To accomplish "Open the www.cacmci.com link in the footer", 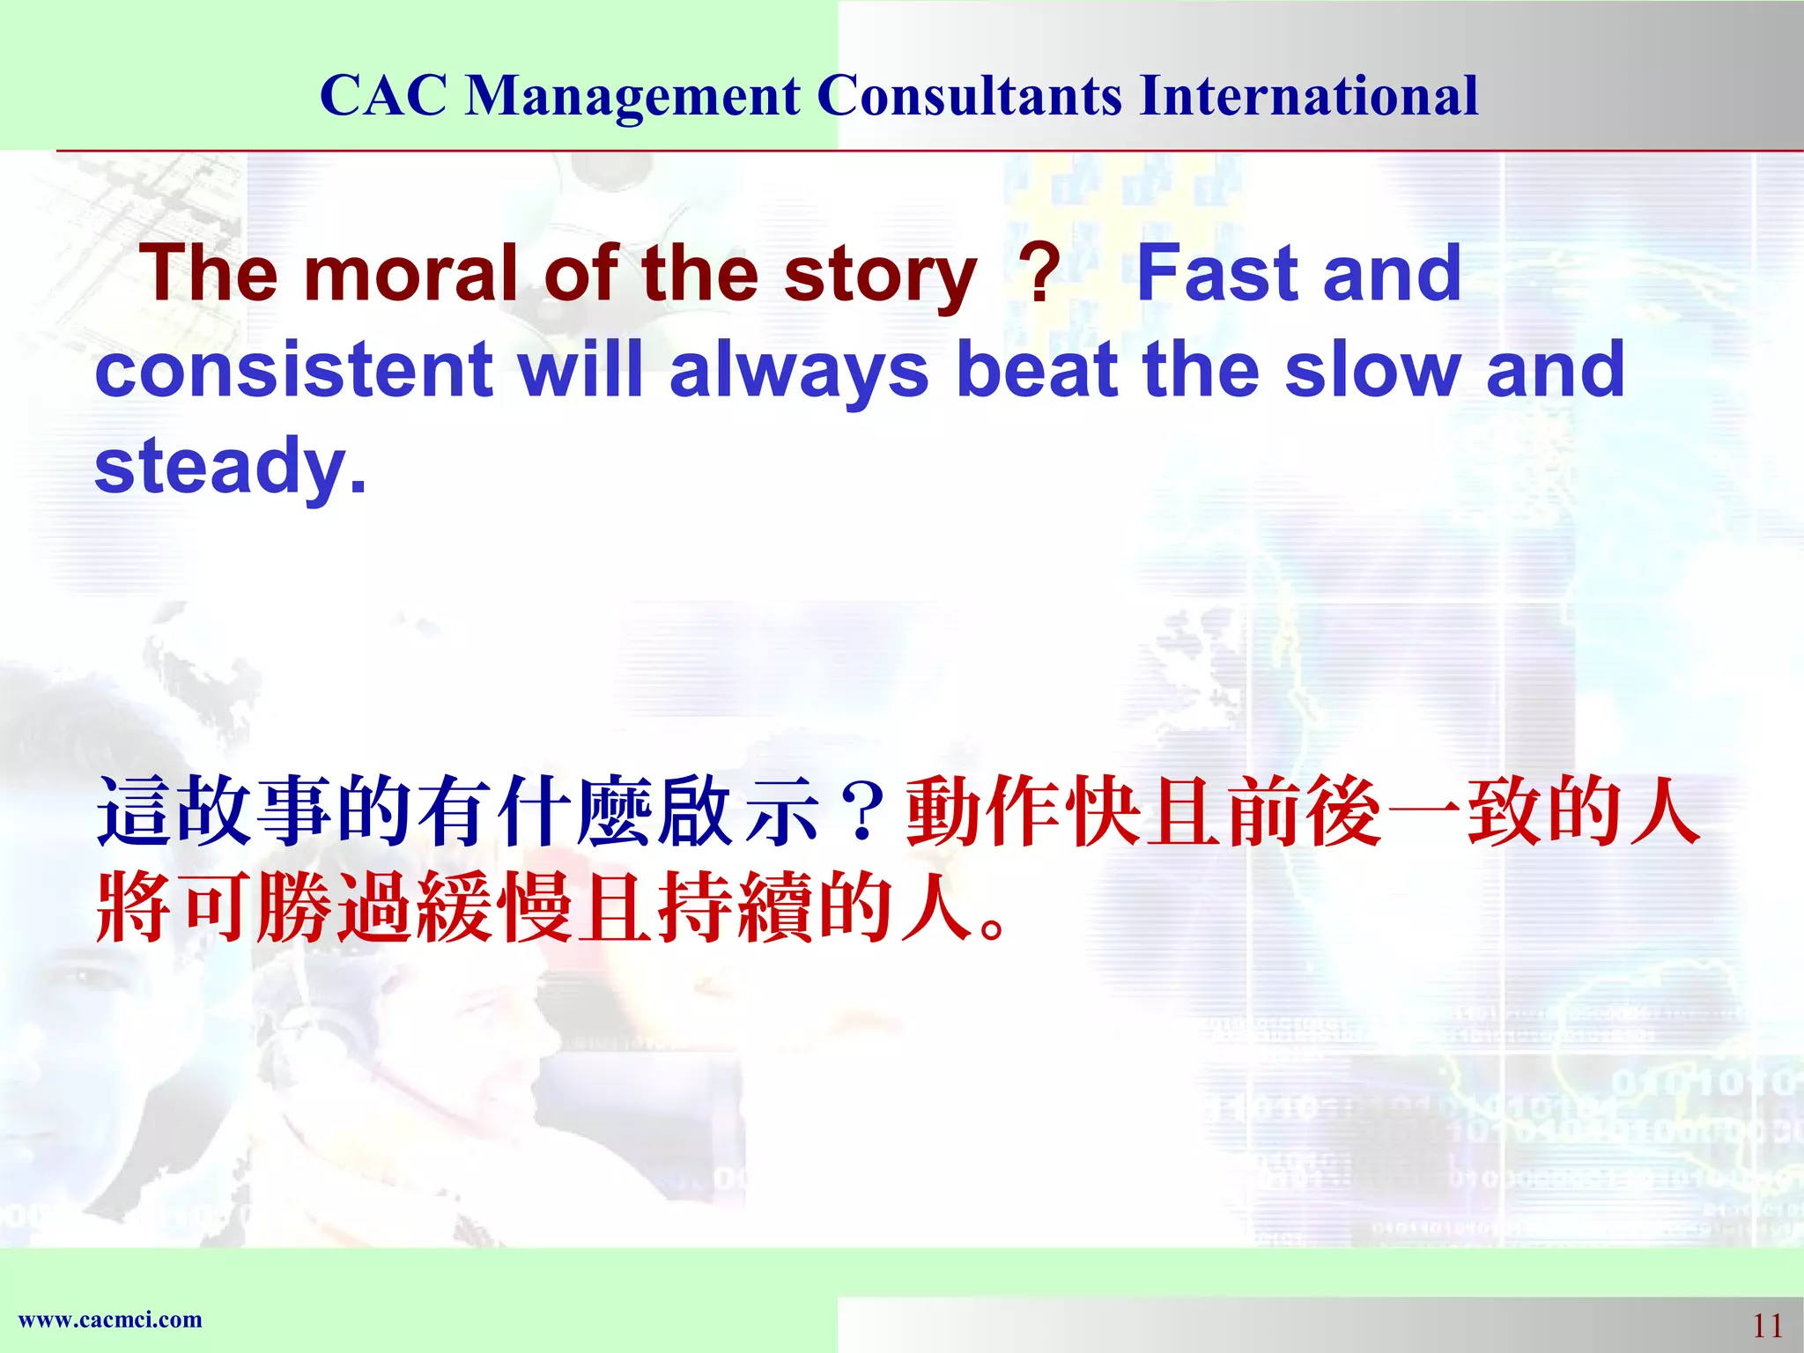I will click(x=110, y=1320).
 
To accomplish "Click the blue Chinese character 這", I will click(x=133, y=811).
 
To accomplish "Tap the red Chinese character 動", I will click(x=943, y=811).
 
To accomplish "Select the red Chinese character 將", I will click(x=133, y=907).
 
